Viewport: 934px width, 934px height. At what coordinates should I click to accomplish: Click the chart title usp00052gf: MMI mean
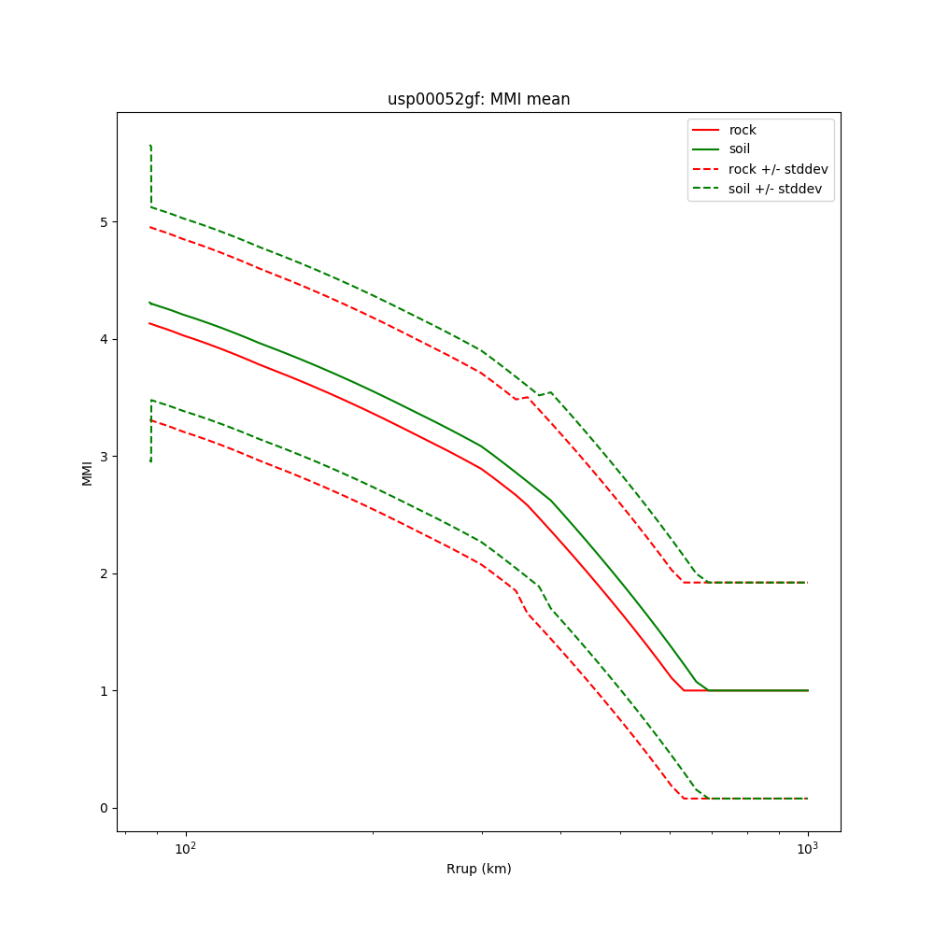click(478, 99)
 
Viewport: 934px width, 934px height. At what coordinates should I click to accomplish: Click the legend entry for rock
click(743, 130)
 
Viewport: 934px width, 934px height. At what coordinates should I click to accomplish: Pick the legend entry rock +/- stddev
click(778, 169)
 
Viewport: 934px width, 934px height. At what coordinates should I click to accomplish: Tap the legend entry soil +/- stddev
click(777, 188)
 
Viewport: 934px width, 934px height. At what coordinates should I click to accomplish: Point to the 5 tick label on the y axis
click(104, 221)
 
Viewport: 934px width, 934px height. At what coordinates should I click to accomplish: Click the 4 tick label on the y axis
click(104, 339)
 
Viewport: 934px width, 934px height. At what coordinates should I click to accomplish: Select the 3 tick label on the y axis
click(104, 456)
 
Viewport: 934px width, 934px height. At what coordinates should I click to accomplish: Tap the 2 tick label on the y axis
click(104, 573)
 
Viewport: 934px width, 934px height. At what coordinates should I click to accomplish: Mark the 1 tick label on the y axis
click(104, 690)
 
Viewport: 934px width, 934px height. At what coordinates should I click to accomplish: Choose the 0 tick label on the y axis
click(104, 808)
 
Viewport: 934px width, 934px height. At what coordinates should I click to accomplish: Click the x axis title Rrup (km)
click(478, 869)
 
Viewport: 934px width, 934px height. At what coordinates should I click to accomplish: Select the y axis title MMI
click(87, 472)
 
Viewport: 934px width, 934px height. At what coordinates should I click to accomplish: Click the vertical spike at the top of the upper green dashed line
click(150, 173)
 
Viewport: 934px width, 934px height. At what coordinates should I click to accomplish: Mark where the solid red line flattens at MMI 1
click(685, 690)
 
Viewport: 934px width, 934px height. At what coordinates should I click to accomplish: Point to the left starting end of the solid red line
click(149, 323)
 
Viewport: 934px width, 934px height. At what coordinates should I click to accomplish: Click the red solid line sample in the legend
click(706, 130)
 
